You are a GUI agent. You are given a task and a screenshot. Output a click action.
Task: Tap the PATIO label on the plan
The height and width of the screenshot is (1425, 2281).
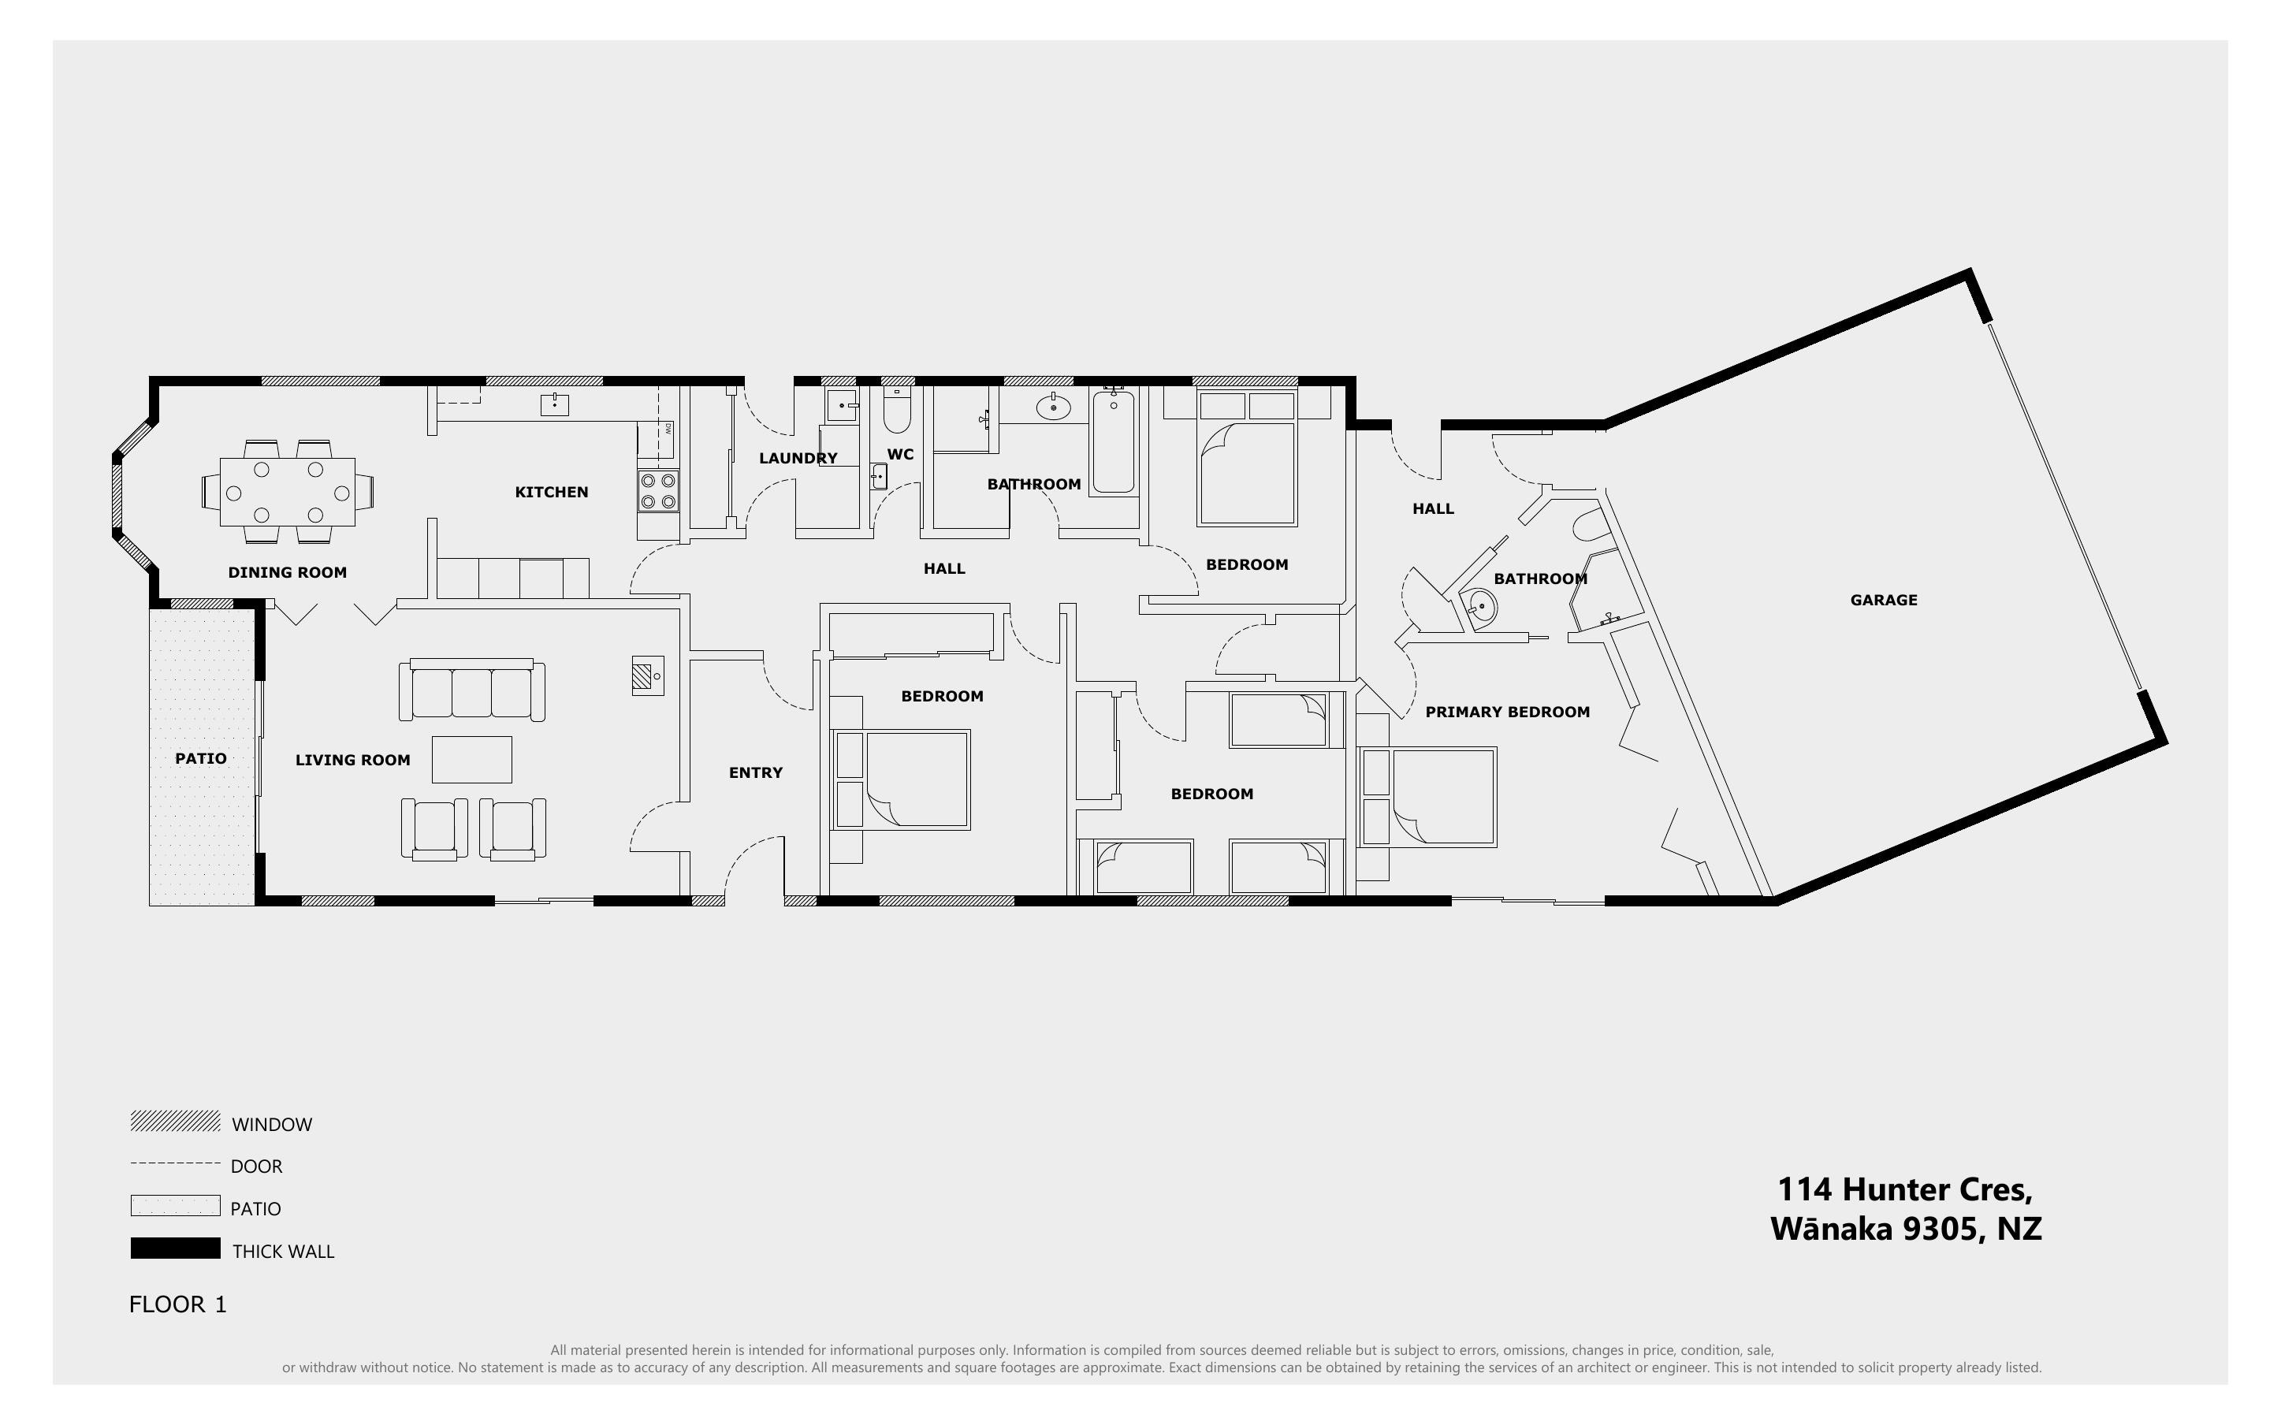[x=201, y=759]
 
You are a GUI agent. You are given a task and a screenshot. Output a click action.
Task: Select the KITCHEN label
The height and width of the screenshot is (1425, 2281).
[x=551, y=492]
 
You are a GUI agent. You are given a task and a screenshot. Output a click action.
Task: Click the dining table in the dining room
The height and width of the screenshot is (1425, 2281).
[x=288, y=492]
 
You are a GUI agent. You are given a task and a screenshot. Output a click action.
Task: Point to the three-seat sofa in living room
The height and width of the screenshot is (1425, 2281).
[x=471, y=690]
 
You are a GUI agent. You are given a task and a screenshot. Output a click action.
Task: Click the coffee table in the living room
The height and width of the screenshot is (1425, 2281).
[x=471, y=760]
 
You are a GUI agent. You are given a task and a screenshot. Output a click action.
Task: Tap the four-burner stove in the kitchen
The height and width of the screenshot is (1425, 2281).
[x=657, y=491]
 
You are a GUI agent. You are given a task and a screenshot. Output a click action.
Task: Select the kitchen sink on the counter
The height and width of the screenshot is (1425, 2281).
[x=554, y=405]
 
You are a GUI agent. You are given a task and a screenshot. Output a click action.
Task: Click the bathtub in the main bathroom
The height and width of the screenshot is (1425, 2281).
[x=1114, y=441]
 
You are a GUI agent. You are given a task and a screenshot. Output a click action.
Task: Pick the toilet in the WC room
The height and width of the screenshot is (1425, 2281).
[x=897, y=413]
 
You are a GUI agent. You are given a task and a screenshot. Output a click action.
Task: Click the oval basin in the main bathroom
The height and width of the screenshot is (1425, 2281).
[x=1053, y=407]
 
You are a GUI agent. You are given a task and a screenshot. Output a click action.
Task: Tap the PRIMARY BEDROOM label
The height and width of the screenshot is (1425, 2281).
[x=1506, y=712]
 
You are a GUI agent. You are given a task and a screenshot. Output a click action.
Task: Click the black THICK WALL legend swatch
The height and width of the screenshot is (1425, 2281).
[x=175, y=1248]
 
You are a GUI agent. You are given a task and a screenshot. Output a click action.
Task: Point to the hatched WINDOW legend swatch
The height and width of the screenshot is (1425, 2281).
[x=175, y=1122]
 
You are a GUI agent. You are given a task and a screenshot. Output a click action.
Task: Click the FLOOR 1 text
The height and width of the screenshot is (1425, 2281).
[x=177, y=1304]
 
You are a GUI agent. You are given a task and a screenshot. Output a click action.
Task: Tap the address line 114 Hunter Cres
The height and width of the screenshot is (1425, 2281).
[x=1904, y=1190]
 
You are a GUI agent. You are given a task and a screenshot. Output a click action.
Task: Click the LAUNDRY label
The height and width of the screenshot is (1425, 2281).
[x=798, y=459]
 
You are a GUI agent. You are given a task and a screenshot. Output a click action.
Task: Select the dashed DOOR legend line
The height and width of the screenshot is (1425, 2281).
[x=175, y=1164]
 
